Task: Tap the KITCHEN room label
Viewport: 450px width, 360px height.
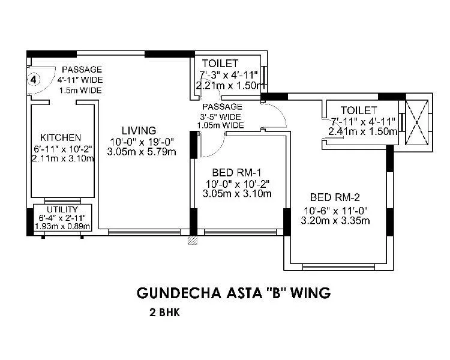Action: (56, 137)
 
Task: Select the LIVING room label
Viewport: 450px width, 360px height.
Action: (139, 130)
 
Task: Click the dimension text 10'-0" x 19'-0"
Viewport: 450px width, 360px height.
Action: (142, 142)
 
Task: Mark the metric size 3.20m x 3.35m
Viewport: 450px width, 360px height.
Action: (335, 221)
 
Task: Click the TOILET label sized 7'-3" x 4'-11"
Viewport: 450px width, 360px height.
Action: (221, 63)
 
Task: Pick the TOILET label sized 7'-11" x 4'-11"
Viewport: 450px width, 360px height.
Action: (359, 110)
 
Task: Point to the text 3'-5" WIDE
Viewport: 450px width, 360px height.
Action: (221, 116)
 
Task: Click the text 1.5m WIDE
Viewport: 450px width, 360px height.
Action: (80, 90)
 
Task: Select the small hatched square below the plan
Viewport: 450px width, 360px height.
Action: (192, 240)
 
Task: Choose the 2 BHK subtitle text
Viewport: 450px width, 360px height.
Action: (165, 313)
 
